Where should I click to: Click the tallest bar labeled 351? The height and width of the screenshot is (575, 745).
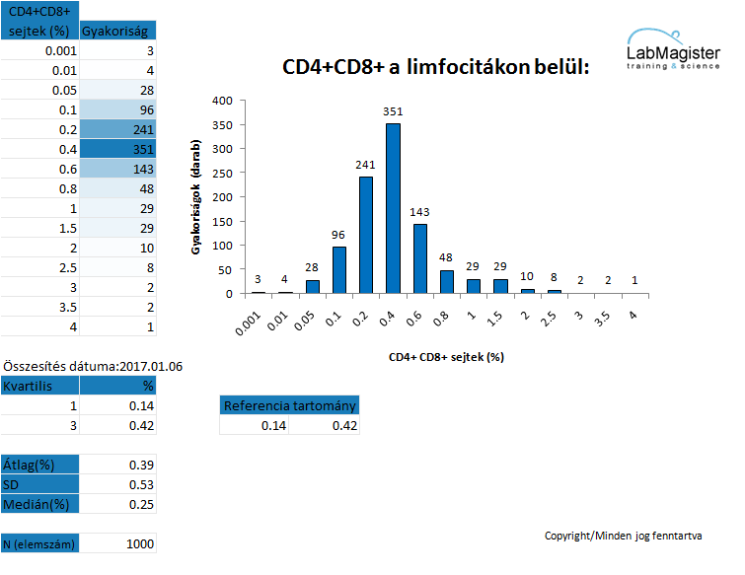click(393, 208)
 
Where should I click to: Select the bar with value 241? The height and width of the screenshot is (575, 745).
click(366, 235)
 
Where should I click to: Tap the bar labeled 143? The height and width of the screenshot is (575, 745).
click(420, 258)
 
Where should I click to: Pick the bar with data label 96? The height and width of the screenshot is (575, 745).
click(339, 270)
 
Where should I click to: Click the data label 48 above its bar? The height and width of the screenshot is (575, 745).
click(446, 257)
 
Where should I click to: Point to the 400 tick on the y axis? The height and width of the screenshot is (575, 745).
click(222, 101)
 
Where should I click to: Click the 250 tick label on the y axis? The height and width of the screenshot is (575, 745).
click(222, 174)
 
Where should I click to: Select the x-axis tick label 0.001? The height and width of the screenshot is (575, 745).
click(248, 323)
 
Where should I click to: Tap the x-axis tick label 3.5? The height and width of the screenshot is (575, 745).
click(602, 319)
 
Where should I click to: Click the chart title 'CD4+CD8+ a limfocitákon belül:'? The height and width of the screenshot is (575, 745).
click(436, 67)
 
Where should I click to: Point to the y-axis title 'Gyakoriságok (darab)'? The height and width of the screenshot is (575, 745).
click(195, 197)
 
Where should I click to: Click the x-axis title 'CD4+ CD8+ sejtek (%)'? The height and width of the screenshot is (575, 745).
click(446, 357)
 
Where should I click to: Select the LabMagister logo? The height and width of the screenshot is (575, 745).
click(673, 49)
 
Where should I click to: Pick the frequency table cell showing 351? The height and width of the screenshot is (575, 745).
click(117, 149)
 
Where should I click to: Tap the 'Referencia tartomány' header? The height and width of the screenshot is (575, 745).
click(289, 405)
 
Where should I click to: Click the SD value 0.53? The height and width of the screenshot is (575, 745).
click(141, 485)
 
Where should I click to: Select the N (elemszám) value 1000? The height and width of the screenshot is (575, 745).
click(140, 544)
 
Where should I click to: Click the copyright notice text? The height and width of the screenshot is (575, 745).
click(623, 537)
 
